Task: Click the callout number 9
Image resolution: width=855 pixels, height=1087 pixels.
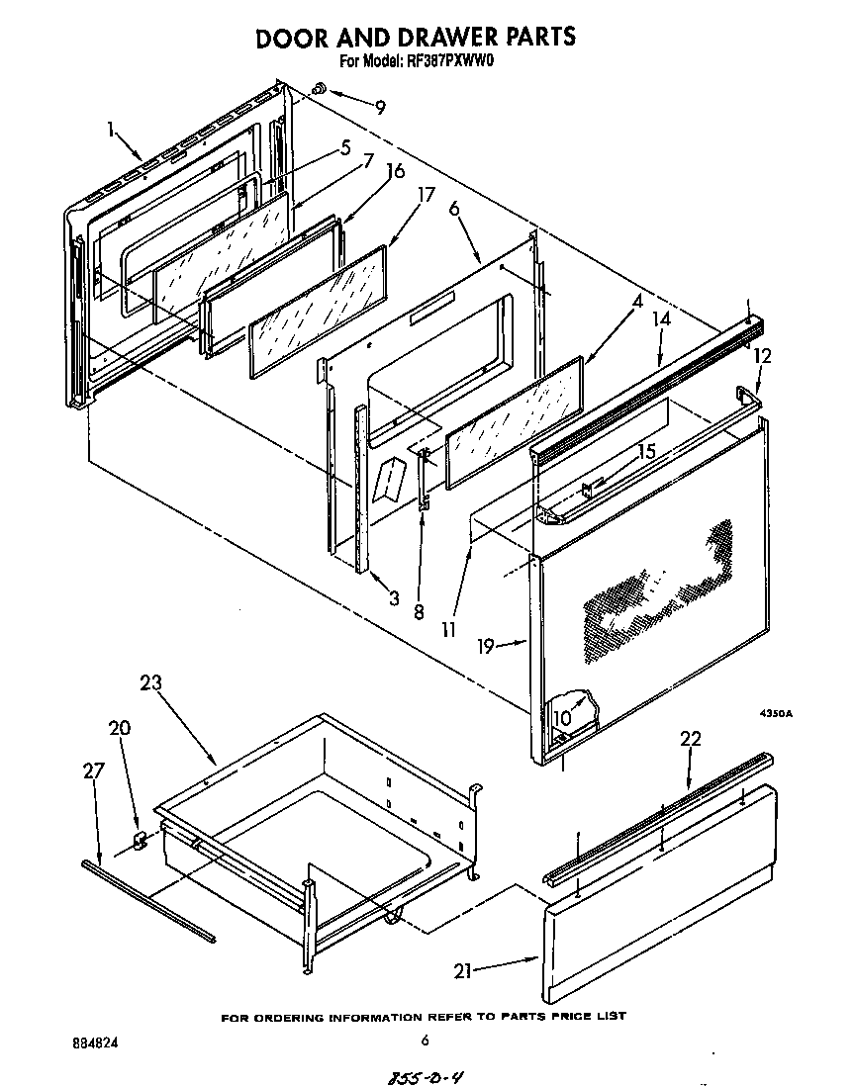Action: [x=380, y=107]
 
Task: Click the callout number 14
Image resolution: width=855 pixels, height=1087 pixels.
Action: [x=661, y=319]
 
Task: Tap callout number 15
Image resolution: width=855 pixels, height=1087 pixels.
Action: [x=646, y=452]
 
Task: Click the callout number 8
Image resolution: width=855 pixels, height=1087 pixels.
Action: [x=419, y=611]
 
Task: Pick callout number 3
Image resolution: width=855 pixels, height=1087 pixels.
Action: [x=394, y=596]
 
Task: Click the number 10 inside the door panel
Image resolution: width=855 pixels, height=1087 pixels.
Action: [x=562, y=717]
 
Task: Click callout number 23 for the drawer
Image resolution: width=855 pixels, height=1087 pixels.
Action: [x=150, y=682]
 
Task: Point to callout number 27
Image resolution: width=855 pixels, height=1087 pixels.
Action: [x=92, y=770]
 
